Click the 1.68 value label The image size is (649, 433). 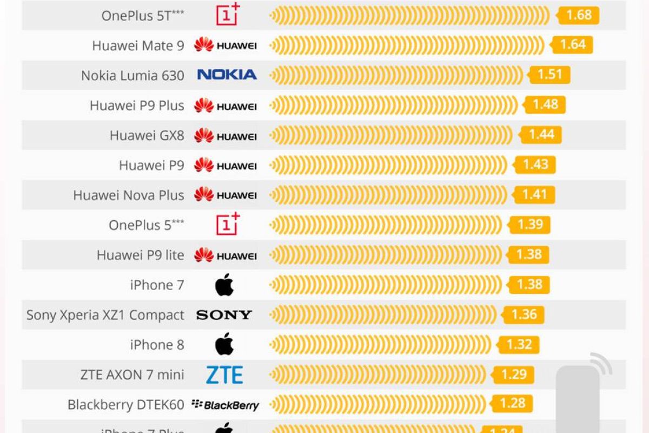[579, 15]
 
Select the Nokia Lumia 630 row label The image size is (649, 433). [133, 75]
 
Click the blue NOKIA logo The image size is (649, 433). [227, 75]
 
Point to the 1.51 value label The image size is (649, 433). [550, 74]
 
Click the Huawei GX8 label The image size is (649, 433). [147, 135]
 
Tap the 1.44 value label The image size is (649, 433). [541, 134]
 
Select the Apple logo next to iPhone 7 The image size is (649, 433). [224, 285]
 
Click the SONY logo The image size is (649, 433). [224, 315]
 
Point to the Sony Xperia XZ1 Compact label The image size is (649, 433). [105, 315]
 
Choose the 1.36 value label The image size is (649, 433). [524, 314]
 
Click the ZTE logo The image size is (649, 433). [224, 375]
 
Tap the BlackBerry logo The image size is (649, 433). [226, 405]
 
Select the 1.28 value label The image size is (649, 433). [512, 403]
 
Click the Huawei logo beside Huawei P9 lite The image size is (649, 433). [226, 255]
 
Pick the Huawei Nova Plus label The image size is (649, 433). [129, 195]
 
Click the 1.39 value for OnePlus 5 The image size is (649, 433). [529, 225]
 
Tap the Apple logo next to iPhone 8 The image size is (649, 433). [224, 345]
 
